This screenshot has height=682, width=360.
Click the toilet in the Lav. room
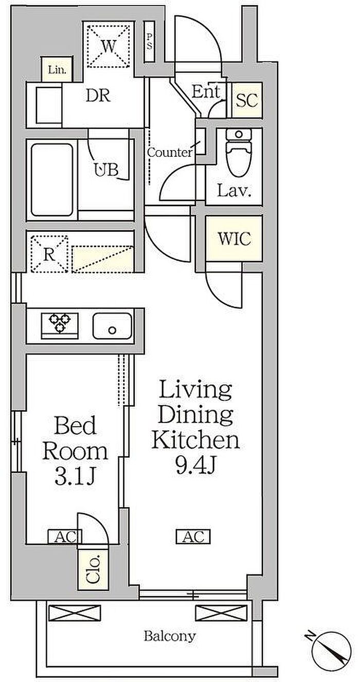(x=239, y=152)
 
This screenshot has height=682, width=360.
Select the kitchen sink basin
(x=112, y=325)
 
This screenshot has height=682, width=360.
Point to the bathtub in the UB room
(x=52, y=180)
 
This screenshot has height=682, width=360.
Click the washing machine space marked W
(x=109, y=46)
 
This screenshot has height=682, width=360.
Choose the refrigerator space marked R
(x=49, y=253)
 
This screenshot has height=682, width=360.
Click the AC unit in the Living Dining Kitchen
(x=193, y=536)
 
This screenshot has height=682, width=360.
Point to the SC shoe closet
(x=247, y=100)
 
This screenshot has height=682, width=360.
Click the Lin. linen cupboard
(x=57, y=69)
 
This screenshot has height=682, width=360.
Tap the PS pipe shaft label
(x=149, y=42)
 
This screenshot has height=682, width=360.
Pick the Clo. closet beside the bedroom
(x=93, y=569)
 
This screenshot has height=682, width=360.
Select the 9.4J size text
(x=195, y=465)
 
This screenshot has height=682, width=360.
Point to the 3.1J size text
(x=76, y=476)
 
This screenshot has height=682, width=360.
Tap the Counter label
(x=170, y=152)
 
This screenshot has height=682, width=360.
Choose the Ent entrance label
(x=206, y=91)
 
